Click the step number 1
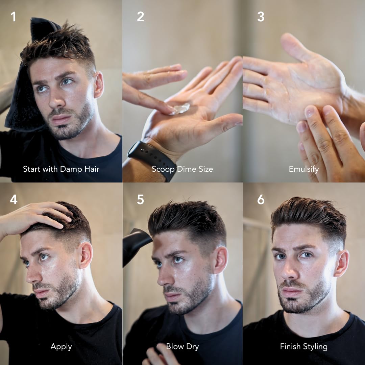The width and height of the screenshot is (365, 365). point(13,17)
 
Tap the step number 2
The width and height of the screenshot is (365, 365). point(141,17)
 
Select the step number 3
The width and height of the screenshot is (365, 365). point(261,17)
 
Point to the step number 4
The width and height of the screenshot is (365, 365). point(14,200)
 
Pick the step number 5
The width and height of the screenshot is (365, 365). point(141,200)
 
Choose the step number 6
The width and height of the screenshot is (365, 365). point(261,200)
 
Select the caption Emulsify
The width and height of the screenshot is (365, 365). point(303,169)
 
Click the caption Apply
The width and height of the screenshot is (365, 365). point(61,346)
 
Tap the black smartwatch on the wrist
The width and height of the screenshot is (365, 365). point(152,159)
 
